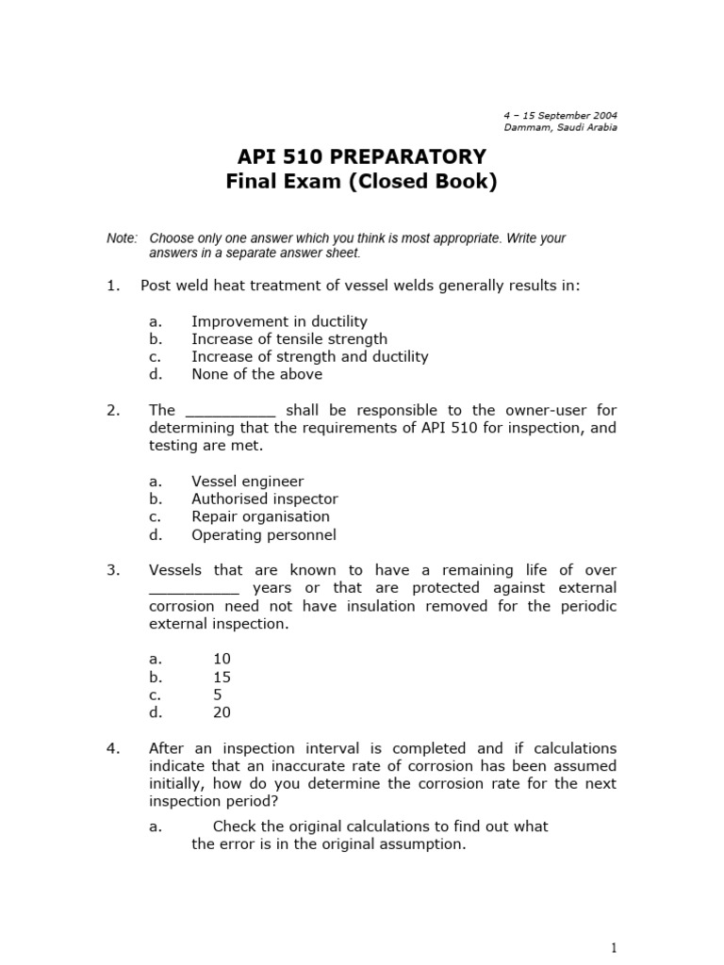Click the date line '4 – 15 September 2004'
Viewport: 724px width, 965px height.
[x=560, y=115]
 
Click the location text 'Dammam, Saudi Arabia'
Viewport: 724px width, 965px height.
[x=561, y=127]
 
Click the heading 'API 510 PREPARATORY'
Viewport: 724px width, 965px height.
[x=361, y=156]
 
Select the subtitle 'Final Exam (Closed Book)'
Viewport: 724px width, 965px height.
[x=361, y=182]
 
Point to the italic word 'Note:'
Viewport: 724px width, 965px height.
[x=123, y=238]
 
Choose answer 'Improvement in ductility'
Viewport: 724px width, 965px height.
[x=279, y=321]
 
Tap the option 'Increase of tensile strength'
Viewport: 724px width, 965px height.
[x=289, y=338]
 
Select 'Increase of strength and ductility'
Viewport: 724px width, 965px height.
[x=309, y=356]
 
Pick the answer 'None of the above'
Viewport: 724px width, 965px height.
[x=256, y=374]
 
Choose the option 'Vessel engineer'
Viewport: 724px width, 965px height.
[x=247, y=482]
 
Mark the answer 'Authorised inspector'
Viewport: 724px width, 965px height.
[x=264, y=499]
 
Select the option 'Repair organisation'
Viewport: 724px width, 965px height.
[x=260, y=516]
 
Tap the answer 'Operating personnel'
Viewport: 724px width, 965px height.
[x=263, y=534]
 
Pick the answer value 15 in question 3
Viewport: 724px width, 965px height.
[x=222, y=677]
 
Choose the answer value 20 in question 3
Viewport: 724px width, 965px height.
[x=222, y=712]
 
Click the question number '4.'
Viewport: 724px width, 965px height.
[x=113, y=748]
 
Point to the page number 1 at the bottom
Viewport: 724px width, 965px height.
[x=613, y=947]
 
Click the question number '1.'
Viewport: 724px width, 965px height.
[x=113, y=286]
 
